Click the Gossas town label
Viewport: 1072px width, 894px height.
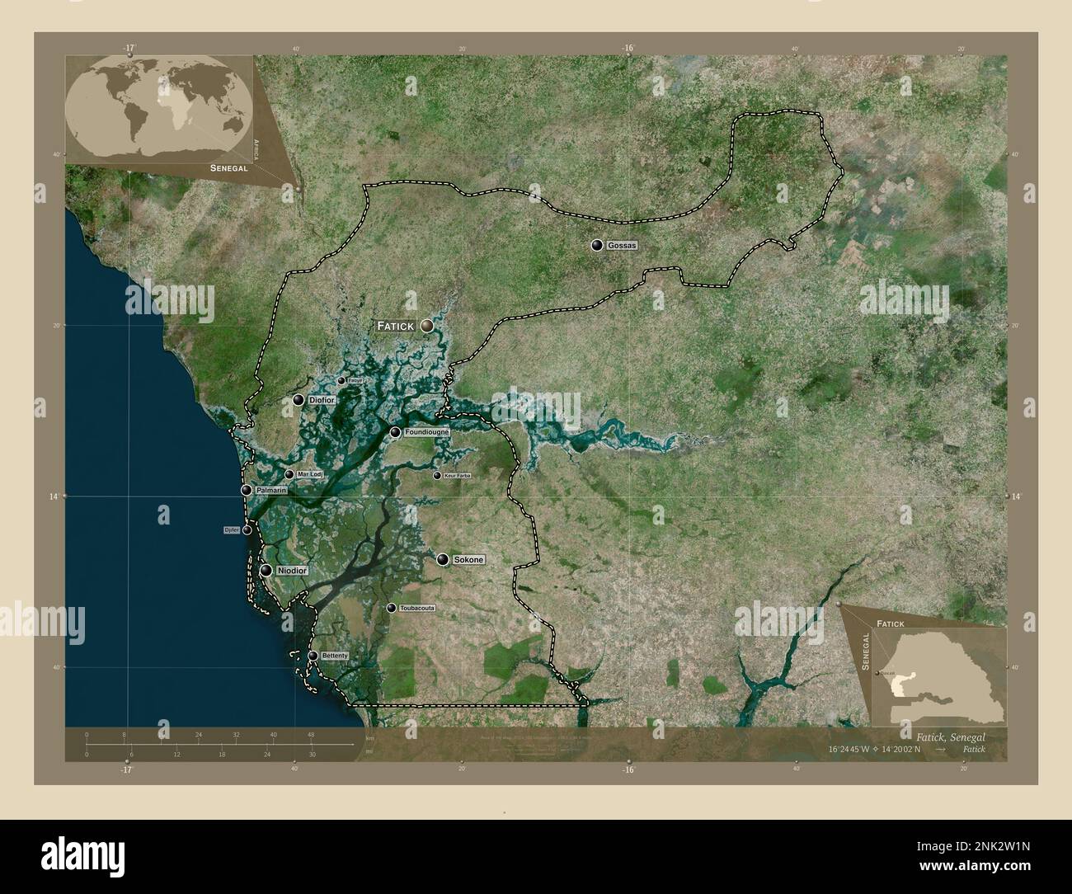pos(622,246)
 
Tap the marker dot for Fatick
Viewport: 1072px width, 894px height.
pos(426,327)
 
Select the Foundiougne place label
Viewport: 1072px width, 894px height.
pos(427,431)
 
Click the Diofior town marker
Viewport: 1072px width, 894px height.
pos(299,400)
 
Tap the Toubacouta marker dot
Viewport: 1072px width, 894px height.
pos(391,608)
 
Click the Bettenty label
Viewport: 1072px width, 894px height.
pos(336,656)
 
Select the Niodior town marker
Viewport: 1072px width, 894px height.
pos(266,570)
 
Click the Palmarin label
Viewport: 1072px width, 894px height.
pos(271,490)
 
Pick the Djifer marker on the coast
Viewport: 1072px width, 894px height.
pos(247,529)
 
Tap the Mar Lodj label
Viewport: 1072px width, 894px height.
pos(310,474)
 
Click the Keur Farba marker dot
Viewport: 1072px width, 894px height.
pos(437,475)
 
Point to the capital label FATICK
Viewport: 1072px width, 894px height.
pos(395,327)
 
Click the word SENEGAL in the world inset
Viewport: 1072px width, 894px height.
pos(229,167)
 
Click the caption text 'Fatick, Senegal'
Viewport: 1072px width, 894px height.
pos(950,735)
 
